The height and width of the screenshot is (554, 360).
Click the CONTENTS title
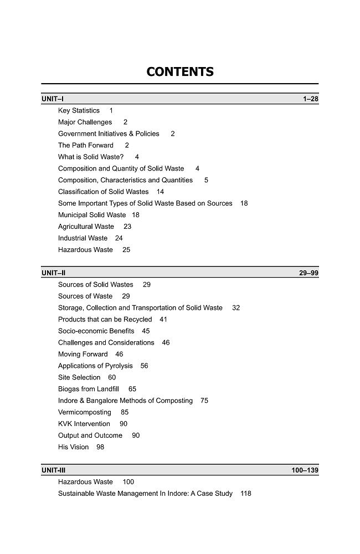[x=180, y=72]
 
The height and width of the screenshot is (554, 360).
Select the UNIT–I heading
[x=53, y=99]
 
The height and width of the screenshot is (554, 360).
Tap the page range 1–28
[x=310, y=99]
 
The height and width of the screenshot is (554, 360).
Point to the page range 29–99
[x=308, y=273]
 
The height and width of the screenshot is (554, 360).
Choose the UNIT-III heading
[x=54, y=470]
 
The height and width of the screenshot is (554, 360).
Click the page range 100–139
[x=305, y=470]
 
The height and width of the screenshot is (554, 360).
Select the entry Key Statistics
[x=79, y=111]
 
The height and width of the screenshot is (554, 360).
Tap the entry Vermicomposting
[x=85, y=412]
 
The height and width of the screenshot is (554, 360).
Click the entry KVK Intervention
[x=84, y=424]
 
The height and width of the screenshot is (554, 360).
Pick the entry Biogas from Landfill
[x=89, y=389]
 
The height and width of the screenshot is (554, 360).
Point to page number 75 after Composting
[x=204, y=401]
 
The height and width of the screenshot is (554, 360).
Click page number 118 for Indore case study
[x=246, y=494]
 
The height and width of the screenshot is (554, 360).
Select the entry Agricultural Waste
[x=86, y=227]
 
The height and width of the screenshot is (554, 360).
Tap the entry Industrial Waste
[x=83, y=238]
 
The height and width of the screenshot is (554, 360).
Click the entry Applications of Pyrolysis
[x=95, y=366]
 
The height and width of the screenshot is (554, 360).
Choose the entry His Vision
[x=73, y=447]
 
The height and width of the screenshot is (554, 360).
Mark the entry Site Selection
[x=79, y=377]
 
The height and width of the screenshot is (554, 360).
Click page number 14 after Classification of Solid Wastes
[x=160, y=192]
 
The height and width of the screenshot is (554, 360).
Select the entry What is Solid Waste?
[x=91, y=157]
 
